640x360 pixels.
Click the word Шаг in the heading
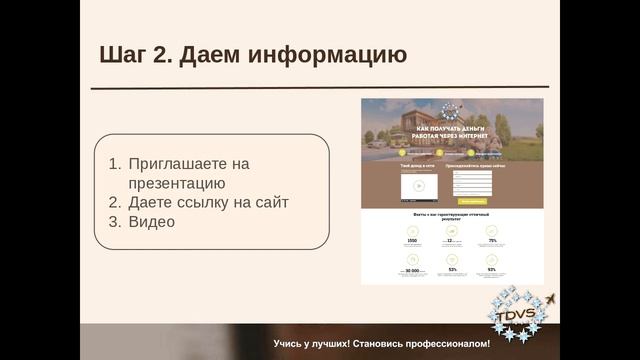pos(124,54)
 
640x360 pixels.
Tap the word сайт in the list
pos(271,202)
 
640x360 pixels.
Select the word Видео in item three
pos(151,221)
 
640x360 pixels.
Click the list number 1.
pos(113,164)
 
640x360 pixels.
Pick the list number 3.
pos(113,221)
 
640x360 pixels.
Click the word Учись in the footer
pos(290,344)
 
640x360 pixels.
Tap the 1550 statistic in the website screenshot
pos(411,241)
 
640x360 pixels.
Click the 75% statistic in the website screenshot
pos(491,241)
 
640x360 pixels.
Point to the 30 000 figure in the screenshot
pos(411,270)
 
